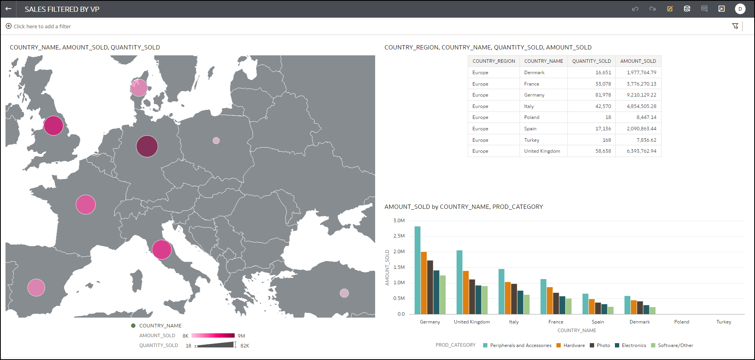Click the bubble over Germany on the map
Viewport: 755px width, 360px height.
pos(147,146)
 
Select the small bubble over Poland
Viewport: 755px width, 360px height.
pos(216,141)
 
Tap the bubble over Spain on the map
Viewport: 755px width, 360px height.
pos(36,287)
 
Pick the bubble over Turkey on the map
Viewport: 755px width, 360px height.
pos(344,293)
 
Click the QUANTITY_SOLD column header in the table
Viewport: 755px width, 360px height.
pos(591,61)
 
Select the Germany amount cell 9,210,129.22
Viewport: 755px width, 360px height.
pos(641,95)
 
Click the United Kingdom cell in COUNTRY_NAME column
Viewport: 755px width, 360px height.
pos(542,151)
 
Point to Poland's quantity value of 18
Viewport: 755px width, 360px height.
pos(608,117)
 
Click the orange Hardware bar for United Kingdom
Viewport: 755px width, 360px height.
pos(466,292)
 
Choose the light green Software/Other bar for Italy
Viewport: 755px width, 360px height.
pos(527,304)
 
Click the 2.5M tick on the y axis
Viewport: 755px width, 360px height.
pos(399,236)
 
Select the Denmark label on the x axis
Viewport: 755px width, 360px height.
pos(640,322)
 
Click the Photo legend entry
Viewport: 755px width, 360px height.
pos(603,345)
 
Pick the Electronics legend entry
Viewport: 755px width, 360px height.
pos(633,345)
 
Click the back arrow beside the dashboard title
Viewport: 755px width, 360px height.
pos(8,9)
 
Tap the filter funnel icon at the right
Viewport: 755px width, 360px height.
pos(735,26)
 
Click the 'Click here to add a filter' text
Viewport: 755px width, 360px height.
pos(42,26)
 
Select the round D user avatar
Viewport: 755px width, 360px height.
pos(740,9)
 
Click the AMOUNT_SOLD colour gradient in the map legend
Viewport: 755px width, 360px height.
pos(213,336)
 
